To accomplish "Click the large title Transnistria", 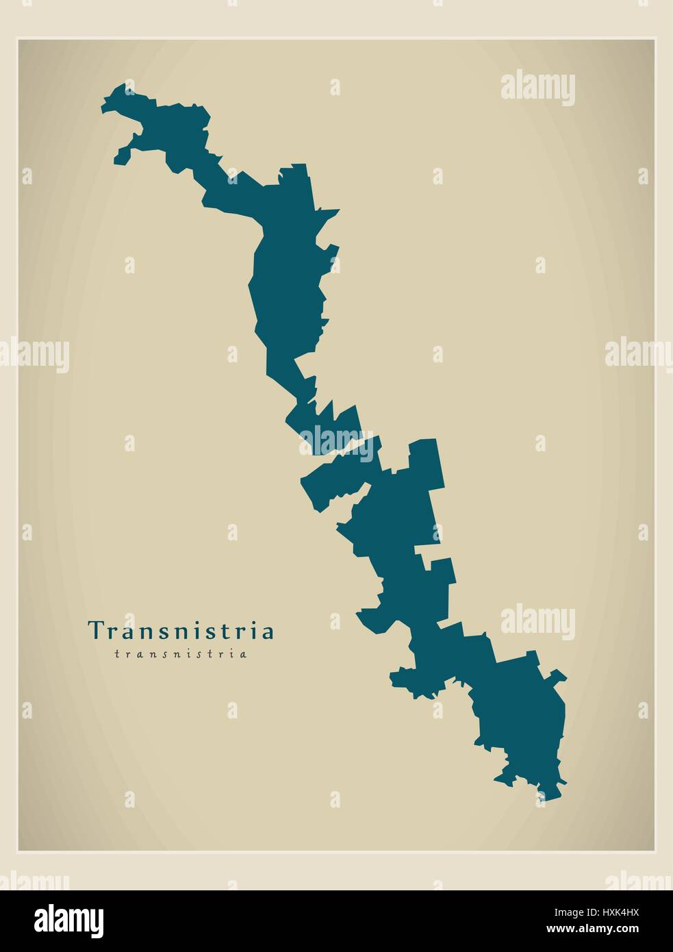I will [181, 630].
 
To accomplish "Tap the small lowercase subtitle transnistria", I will [181, 654].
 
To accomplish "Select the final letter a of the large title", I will [269, 631].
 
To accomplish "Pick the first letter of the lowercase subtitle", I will [117, 654].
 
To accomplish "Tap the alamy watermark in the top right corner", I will [537, 89].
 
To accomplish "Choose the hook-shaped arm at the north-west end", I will [124, 153].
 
